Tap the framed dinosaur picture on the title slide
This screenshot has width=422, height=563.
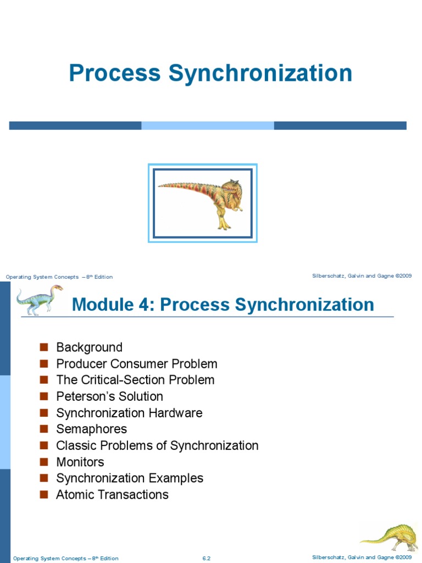[x=203, y=203]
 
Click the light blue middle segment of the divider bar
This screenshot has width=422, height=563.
[x=208, y=125]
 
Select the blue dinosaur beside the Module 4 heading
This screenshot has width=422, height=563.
[x=40, y=300]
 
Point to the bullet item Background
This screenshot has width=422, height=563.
[x=90, y=347]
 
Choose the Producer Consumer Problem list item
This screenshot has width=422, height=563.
[x=137, y=364]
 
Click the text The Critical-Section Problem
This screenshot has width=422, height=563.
[x=135, y=380]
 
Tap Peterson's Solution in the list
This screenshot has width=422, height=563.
[x=109, y=396]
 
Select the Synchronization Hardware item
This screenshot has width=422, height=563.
[x=129, y=413]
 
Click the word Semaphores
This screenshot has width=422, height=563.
[x=92, y=429]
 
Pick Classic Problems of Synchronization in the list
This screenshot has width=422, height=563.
[x=157, y=445]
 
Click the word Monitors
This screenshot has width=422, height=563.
[x=80, y=462]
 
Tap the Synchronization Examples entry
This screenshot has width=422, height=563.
[x=130, y=478]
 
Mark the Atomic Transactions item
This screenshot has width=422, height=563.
[x=112, y=494]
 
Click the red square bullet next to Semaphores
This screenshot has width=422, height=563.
[x=44, y=429]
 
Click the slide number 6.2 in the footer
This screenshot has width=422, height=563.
[x=207, y=559]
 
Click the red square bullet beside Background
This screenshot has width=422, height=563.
[x=44, y=347]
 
